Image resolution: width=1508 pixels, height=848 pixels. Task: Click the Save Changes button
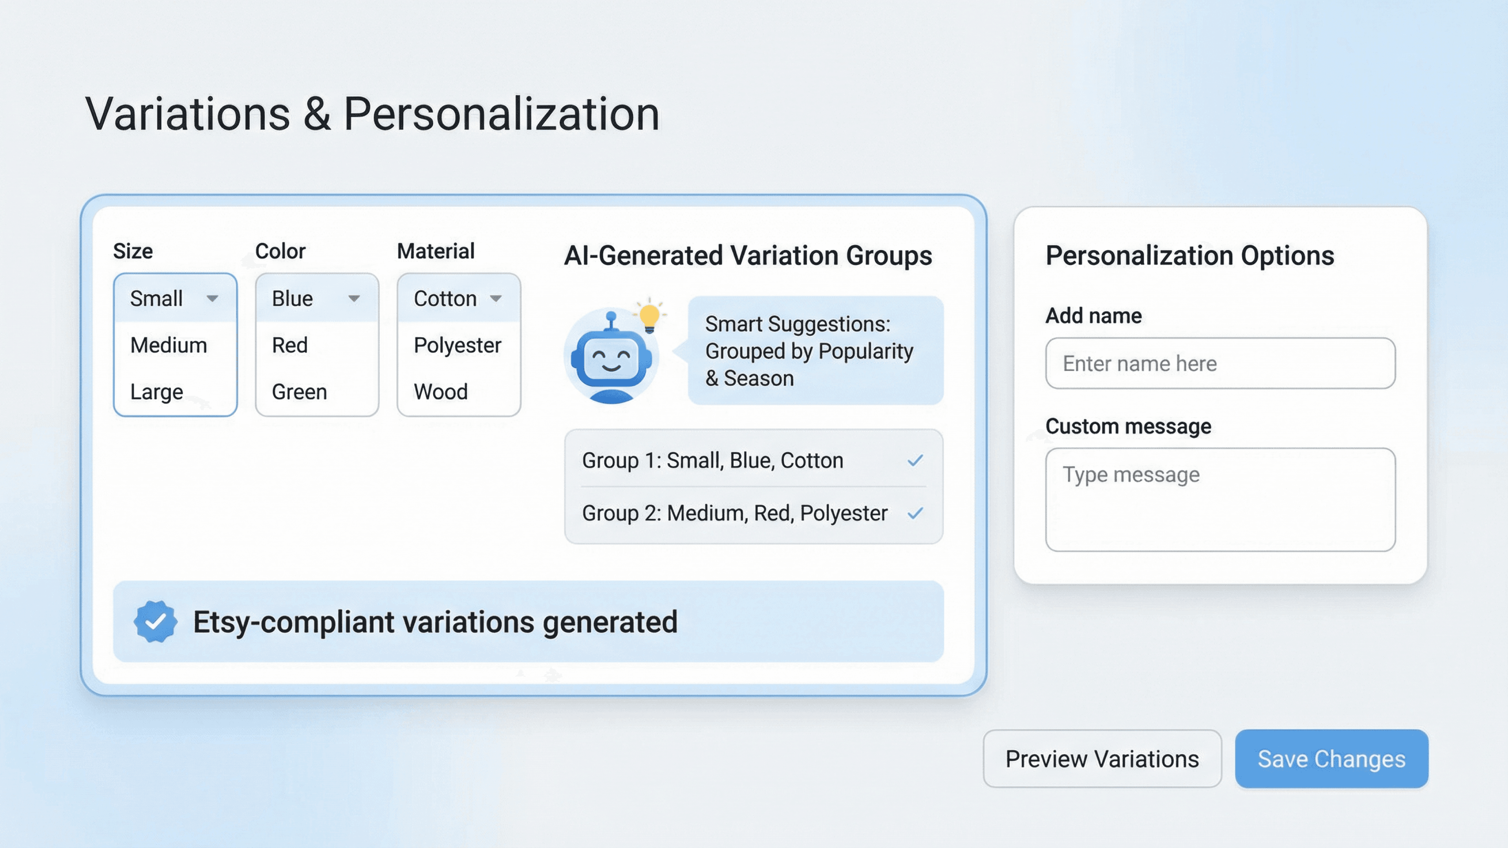click(1331, 758)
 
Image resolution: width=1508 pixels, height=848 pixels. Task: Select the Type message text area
click(1220, 499)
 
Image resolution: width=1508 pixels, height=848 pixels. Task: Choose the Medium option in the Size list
click(168, 345)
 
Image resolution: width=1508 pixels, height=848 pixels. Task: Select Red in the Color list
click(290, 345)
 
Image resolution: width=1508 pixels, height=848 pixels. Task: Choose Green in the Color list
click(299, 392)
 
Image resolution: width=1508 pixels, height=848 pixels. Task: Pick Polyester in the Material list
click(457, 346)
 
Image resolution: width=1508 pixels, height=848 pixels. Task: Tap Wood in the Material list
click(440, 392)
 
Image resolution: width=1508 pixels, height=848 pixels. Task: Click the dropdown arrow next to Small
click(212, 298)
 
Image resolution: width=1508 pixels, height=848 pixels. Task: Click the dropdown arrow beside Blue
click(354, 298)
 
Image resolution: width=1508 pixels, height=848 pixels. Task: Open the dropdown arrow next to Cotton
click(496, 298)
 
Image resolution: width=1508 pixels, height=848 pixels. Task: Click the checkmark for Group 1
click(915, 461)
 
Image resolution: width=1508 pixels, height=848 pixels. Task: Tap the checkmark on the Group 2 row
click(915, 513)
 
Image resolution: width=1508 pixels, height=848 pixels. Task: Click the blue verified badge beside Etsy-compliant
click(155, 621)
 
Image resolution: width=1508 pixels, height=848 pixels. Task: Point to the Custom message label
click(1128, 426)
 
